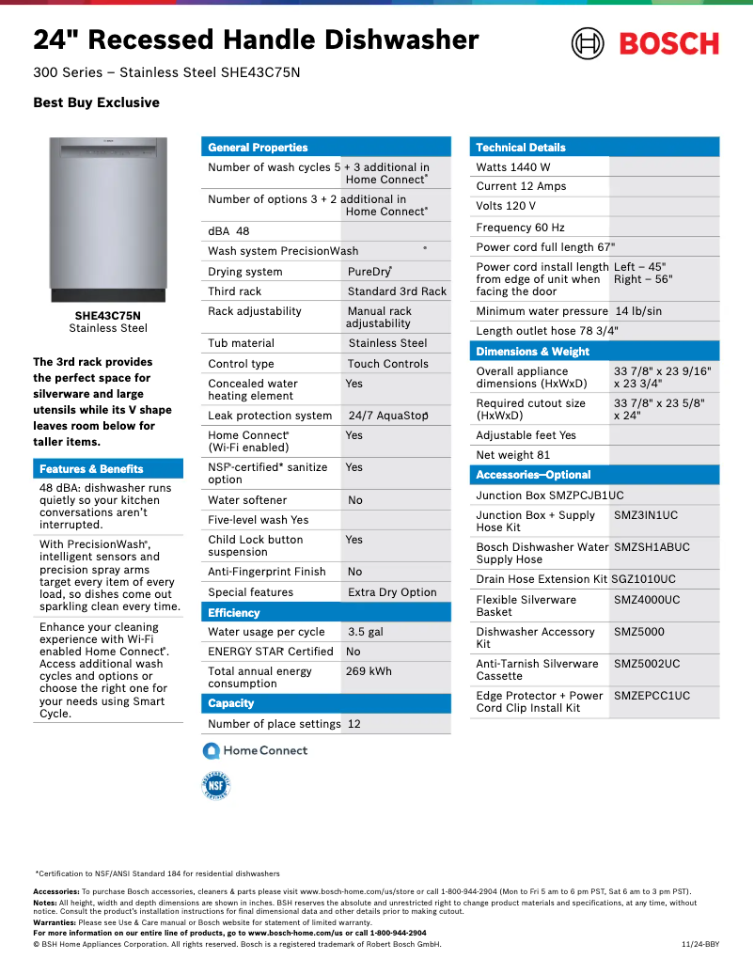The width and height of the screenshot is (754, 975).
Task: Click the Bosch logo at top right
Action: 645,43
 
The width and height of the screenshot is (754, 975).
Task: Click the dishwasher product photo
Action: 108,220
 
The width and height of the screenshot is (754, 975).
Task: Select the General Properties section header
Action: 258,148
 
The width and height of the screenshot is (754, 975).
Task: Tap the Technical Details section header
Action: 521,148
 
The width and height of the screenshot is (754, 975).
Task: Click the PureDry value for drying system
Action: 369,272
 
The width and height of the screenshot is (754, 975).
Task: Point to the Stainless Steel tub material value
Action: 387,343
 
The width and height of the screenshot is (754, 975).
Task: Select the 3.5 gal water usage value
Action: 366,632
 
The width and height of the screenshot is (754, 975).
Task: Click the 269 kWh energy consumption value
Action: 369,671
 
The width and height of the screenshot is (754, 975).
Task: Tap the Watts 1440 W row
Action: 513,167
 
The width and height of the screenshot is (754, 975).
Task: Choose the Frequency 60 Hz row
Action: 520,228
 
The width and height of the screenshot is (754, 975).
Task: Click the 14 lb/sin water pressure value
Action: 638,311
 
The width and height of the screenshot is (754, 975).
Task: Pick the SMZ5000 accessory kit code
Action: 639,632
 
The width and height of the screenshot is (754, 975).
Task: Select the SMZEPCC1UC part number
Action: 652,696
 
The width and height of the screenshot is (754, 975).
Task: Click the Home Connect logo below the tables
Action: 256,750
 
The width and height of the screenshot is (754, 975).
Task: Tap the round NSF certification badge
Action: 216,786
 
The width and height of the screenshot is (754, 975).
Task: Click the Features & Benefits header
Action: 91,469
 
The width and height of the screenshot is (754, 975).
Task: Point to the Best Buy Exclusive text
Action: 96,102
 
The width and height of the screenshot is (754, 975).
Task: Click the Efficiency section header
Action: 234,613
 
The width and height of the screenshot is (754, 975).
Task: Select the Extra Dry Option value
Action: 392,592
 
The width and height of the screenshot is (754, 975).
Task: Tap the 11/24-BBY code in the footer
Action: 699,944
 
